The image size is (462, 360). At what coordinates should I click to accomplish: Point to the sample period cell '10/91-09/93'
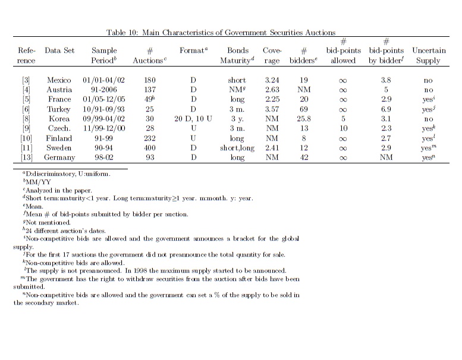[104, 109]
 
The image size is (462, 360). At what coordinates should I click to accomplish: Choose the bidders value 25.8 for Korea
[304, 119]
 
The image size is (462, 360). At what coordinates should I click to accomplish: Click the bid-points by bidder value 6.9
[386, 109]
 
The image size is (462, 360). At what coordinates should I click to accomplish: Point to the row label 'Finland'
[59, 138]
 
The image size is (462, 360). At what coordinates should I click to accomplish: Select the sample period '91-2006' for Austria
[104, 90]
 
